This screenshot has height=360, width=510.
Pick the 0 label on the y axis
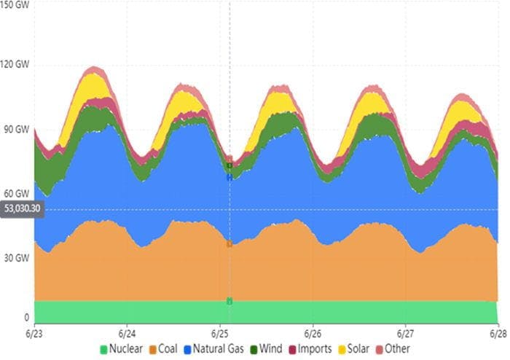point(26,318)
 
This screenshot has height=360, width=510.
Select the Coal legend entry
point(165,349)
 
